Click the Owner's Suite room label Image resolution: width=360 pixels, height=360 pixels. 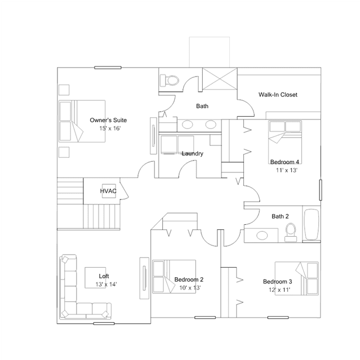coord(108,120)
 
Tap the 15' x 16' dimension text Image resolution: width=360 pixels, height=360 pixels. coord(110,128)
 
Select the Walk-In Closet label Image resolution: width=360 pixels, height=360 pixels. coord(278,95)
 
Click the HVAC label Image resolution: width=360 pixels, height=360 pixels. coord(108,191)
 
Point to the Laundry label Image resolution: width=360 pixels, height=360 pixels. coord(193,154)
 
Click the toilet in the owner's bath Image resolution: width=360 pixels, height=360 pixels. coord(170,81)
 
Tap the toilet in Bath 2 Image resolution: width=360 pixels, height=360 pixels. coord(291,232)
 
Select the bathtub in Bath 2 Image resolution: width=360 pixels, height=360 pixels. coord(312,224)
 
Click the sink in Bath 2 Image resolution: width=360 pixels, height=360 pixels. coord(262,235)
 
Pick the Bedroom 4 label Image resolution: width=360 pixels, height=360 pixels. coord(285,162)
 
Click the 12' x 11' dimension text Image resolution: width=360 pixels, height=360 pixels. coord(279,290)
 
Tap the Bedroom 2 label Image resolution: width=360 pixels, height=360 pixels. coord(189,279)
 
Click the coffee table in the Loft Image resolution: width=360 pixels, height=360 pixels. coord(95,278)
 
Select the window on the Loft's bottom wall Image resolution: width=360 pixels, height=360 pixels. coord(104,323)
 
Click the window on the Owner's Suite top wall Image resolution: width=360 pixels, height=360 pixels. coord(108,68)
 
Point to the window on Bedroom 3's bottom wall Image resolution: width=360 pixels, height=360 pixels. coord(278,318)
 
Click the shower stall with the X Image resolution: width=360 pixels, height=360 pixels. coord(220,78)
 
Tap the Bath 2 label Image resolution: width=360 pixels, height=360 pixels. coord(280,216)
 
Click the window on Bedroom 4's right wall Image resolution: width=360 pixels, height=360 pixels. coord(321,190)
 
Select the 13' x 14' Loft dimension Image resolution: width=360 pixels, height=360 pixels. coord(106,285)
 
